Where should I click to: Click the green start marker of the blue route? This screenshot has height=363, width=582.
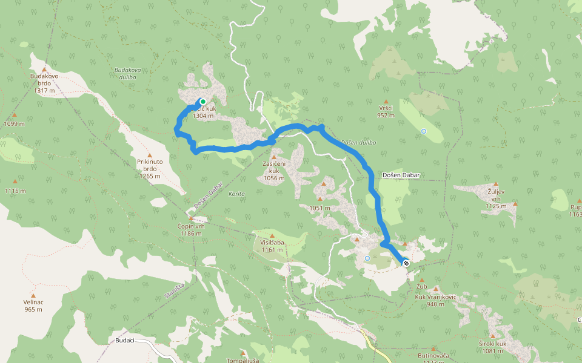(203, 102)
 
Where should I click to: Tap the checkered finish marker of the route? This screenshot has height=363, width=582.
(405, 263)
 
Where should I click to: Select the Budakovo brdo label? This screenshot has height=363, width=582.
(44, 83)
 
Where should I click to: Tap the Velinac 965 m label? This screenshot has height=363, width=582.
(33, 306)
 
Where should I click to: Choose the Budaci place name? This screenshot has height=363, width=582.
(124, 341)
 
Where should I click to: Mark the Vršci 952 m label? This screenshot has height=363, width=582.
(386, 111)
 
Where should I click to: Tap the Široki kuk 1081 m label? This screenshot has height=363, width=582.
(492, 347)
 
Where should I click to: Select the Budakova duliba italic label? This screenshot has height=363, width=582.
(127, 73)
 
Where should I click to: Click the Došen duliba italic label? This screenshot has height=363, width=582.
(358, 143)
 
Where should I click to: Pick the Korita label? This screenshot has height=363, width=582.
(237, 194)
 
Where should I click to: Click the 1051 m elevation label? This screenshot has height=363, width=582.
(319, 208)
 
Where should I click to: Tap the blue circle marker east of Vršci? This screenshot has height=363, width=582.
(424, 131)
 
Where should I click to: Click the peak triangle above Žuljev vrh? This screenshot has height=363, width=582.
(495, 183)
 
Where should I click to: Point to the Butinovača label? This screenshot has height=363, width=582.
(433, 355)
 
